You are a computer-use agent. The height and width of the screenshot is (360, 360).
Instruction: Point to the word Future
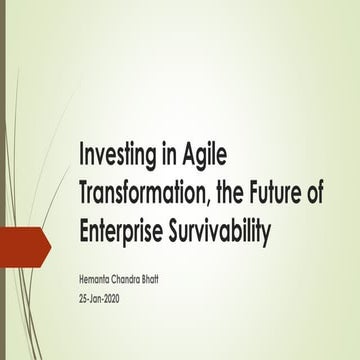[x=283, y=197]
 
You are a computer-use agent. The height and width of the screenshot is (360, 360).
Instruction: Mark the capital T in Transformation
[x=86, y=197]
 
